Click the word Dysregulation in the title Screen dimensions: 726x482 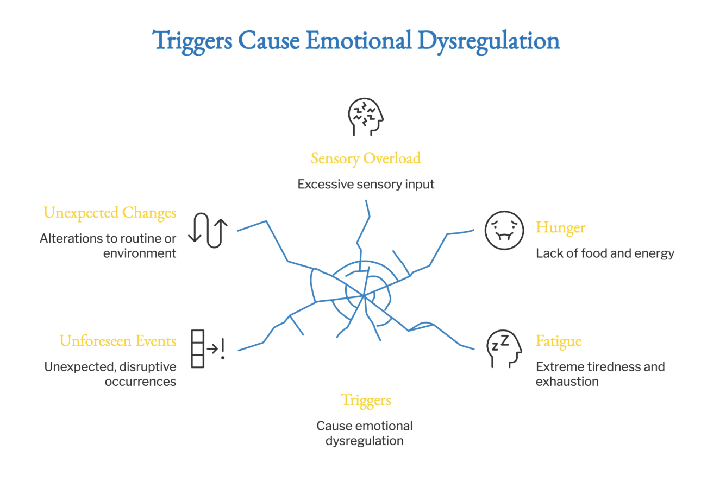click(489, 42)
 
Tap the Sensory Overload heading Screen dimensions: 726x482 click(366, 158)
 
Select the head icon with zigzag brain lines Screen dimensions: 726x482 click(366, 117)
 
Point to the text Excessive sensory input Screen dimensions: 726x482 click(366, 184)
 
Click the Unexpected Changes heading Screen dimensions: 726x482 click(110, 213)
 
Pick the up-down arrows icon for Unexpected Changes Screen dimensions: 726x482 click(208, 230)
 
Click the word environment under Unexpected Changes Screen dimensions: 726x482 click(140, 253)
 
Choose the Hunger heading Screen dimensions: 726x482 click(560, 227)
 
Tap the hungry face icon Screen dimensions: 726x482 click(504, 230)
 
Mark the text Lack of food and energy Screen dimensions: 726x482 click(605, 253)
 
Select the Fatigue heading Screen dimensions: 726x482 click(559, 341)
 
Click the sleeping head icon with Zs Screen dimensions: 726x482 click(504, 349)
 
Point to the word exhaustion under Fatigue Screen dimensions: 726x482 click(567, 382)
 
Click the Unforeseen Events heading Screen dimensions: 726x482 click(118, 341)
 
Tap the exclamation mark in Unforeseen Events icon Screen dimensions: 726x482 click(223, 348)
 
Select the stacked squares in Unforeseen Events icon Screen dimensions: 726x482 click(197, 349)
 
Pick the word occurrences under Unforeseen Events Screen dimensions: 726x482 click(140, 382)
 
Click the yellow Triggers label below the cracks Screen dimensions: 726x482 click(366, 401)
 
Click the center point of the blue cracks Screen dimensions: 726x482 click(364, 295)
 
